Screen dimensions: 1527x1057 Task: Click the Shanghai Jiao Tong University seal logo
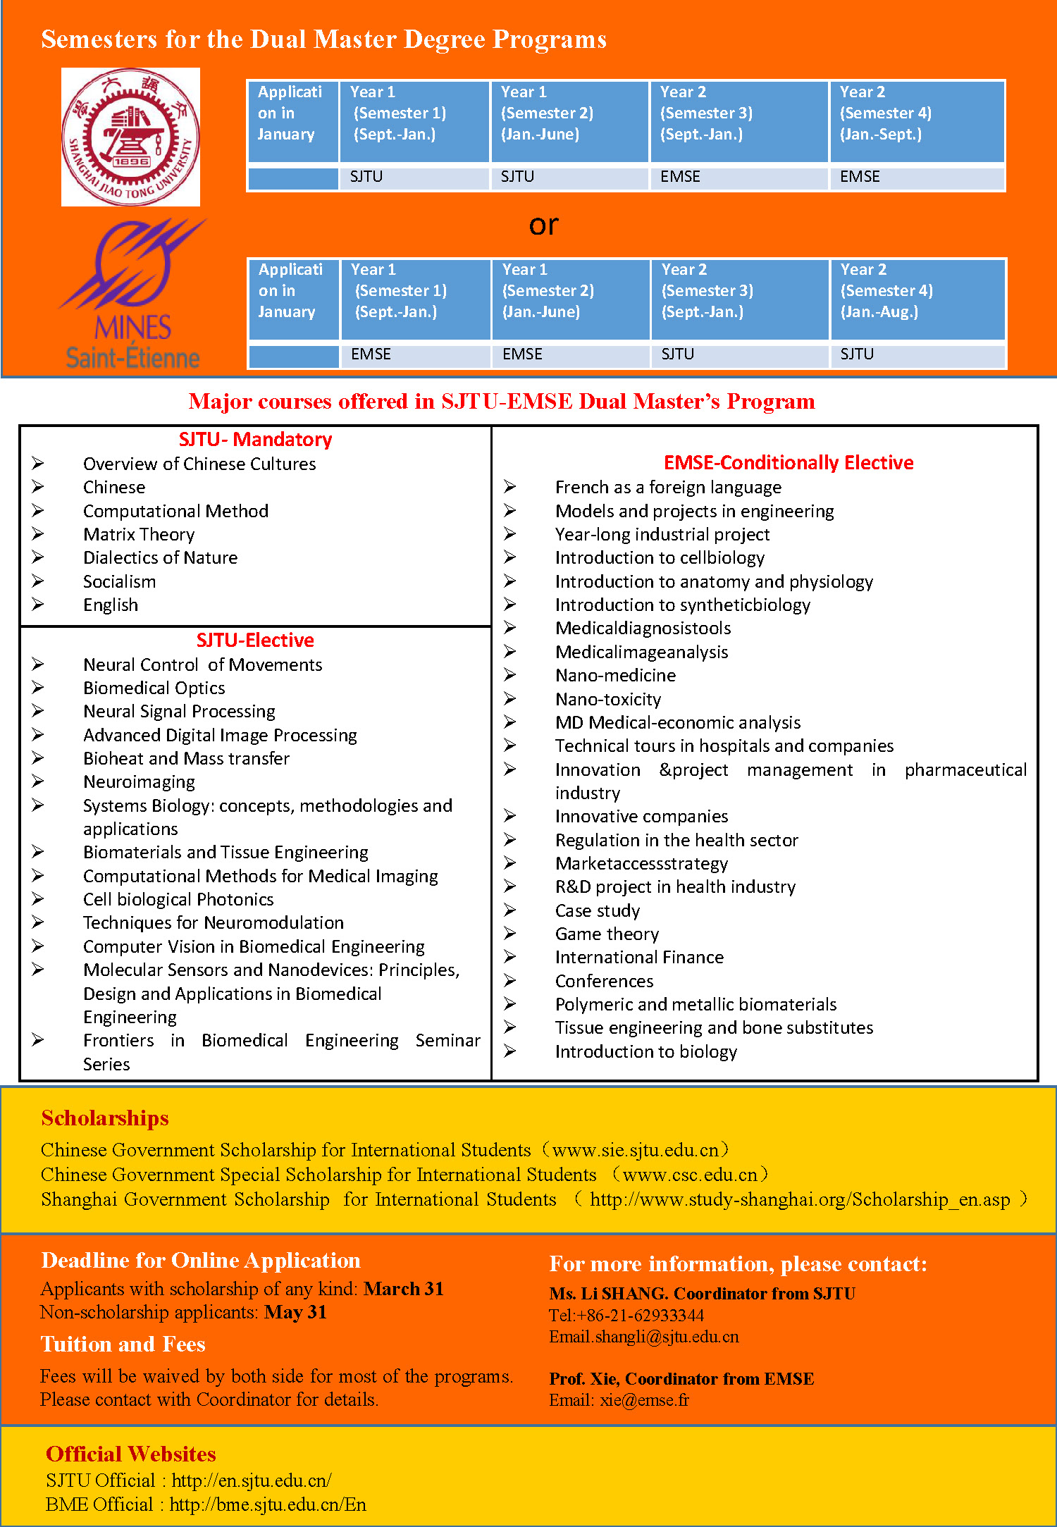coord(130,137)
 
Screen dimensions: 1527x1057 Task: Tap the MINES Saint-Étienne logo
coord(132,295)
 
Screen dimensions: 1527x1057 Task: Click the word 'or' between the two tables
coord(543,225)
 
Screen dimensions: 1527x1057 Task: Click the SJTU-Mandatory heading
coord(255,440)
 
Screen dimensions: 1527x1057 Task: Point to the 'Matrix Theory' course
coord(139,535)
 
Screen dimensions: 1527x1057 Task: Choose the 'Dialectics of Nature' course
coord(160,558)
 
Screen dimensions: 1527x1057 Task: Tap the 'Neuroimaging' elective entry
coord(139,782)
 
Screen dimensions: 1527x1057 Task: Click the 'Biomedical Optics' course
coord(154,688)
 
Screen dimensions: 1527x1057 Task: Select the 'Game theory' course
coord(607,934)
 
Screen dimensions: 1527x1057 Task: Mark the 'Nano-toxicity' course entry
coord(608,700)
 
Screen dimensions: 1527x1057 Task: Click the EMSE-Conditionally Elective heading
coord(789,463)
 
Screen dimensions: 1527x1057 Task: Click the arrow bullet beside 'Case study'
coord(510,910)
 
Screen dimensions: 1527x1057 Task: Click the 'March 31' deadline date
coord(404,1289)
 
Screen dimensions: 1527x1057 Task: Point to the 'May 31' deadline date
coord(295,1312)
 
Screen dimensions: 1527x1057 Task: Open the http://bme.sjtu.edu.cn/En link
coord(268,1504)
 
